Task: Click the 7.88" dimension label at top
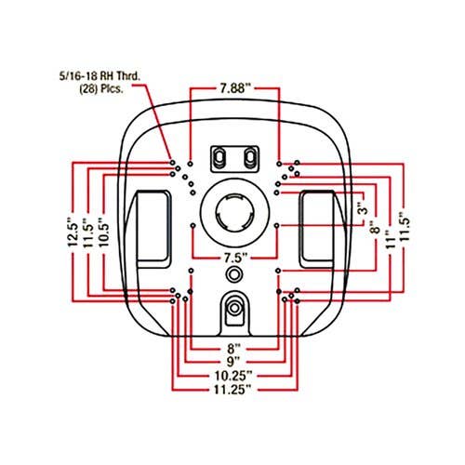(x=235, y=88)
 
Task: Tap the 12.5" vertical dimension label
(x=73, y=230)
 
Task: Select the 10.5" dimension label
(x=104, y=232)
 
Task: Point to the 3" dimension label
(x=364, y=208)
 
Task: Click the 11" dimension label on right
(x=391, y=239)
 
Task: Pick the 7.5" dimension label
(x=235, y=258)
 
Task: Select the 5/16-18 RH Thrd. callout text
(x=100, y=76)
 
